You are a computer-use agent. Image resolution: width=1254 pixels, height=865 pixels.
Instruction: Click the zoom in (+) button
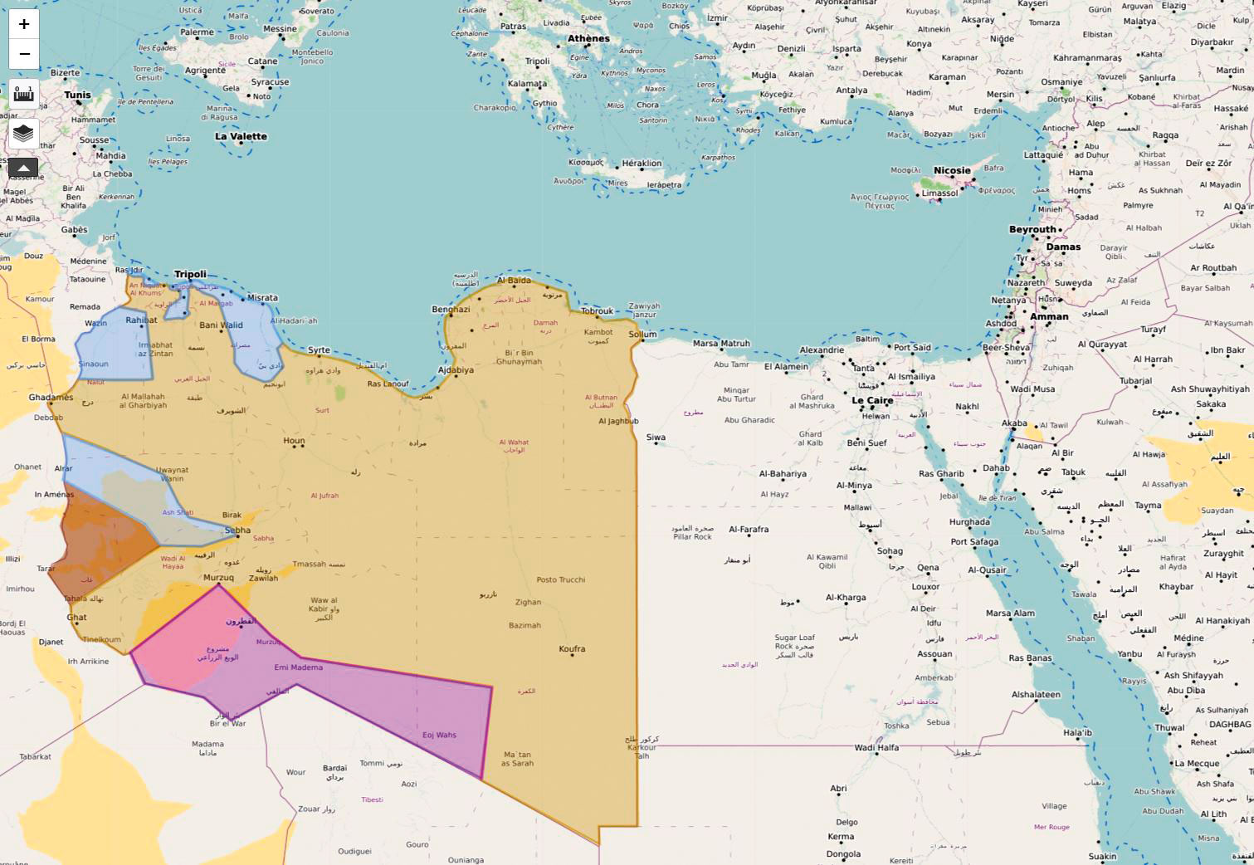(24, 24)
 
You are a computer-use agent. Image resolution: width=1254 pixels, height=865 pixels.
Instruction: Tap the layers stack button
(24, 133)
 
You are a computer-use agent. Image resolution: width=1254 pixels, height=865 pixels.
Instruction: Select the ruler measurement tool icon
(24, 94)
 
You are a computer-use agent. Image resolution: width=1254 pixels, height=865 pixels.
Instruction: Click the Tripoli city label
(190, 275)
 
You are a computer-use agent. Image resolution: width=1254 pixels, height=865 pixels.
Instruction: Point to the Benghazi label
(451, 310)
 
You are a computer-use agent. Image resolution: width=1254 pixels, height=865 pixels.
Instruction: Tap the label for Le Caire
(872, 400)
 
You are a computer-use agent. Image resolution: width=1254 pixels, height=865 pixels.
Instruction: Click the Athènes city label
(588, 39)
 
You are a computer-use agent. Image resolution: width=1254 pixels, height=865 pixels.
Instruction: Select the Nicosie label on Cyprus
(952, 171)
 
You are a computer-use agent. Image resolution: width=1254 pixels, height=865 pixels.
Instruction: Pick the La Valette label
(241, 137)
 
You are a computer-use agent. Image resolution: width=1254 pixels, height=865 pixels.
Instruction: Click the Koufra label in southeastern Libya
(572, 649)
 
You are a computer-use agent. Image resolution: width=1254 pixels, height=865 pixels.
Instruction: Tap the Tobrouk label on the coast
(597, 311)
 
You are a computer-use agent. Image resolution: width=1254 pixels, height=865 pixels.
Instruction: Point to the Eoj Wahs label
(439, 735)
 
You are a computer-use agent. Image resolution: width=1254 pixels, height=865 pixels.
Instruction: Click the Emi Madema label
(298, 667)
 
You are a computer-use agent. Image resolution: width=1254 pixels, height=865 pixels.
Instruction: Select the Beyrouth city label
(1032, 230)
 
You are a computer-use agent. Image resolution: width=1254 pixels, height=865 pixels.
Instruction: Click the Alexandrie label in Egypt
(822, 350)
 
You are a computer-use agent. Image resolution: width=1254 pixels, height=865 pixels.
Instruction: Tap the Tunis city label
(77, 95)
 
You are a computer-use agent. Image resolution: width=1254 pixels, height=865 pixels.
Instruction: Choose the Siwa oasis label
(656, 437)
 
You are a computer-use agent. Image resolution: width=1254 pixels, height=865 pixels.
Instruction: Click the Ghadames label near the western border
(51, 398)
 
